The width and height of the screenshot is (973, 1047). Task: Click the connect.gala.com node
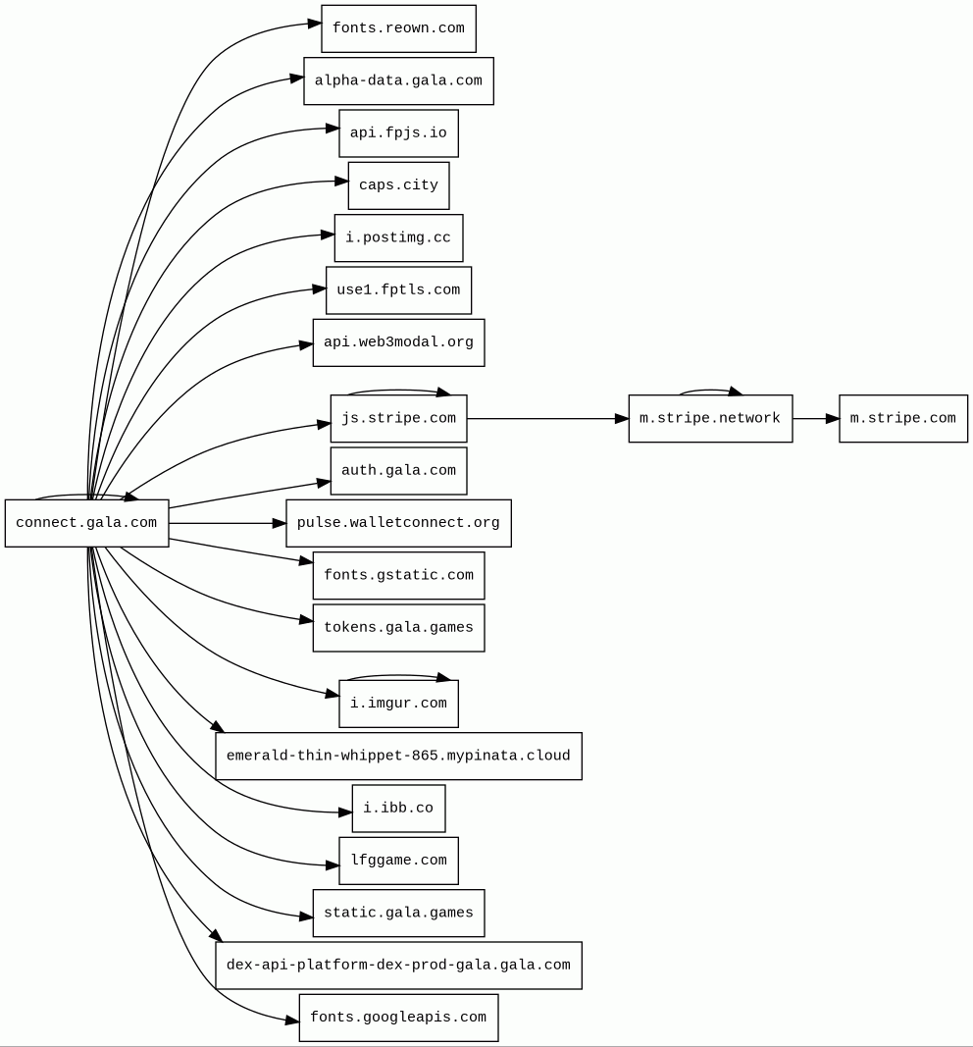click(x=86, y=523)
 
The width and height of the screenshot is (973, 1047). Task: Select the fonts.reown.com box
click(x=398, y=28)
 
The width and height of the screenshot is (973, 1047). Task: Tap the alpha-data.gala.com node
click(x=398, y=80)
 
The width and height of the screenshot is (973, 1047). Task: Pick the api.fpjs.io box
click(x=398, y=133)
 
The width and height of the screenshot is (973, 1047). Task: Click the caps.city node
click(x=398, y=185)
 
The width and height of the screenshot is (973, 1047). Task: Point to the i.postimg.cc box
click(x=398, y=238)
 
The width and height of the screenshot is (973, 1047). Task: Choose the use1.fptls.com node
click(x=398, y=290)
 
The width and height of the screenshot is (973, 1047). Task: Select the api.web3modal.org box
click(x=398, y=342)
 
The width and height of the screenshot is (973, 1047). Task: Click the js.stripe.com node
click(x=398, y=419)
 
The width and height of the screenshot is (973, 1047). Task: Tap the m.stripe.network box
click(x=710, y=419)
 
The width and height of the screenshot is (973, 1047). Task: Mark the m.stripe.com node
click(x=902, y=419)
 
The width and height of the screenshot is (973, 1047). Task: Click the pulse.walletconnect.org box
click(x=398, y=523)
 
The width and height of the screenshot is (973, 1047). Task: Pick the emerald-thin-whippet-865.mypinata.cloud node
click(x=398, y=757)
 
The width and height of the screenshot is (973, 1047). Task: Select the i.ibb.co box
click(x=398, y=809)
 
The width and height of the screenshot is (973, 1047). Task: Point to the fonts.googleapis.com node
click(x=398, y=1018)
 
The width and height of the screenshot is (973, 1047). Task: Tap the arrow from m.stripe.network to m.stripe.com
click(x=815, y=419)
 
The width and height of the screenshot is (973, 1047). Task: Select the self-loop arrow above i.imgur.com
click(x=398, y=675)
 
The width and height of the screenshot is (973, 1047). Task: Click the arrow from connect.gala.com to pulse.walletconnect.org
click(x=227, y=523)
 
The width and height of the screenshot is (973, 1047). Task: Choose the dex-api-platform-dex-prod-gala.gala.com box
click(x=398, y=966)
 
